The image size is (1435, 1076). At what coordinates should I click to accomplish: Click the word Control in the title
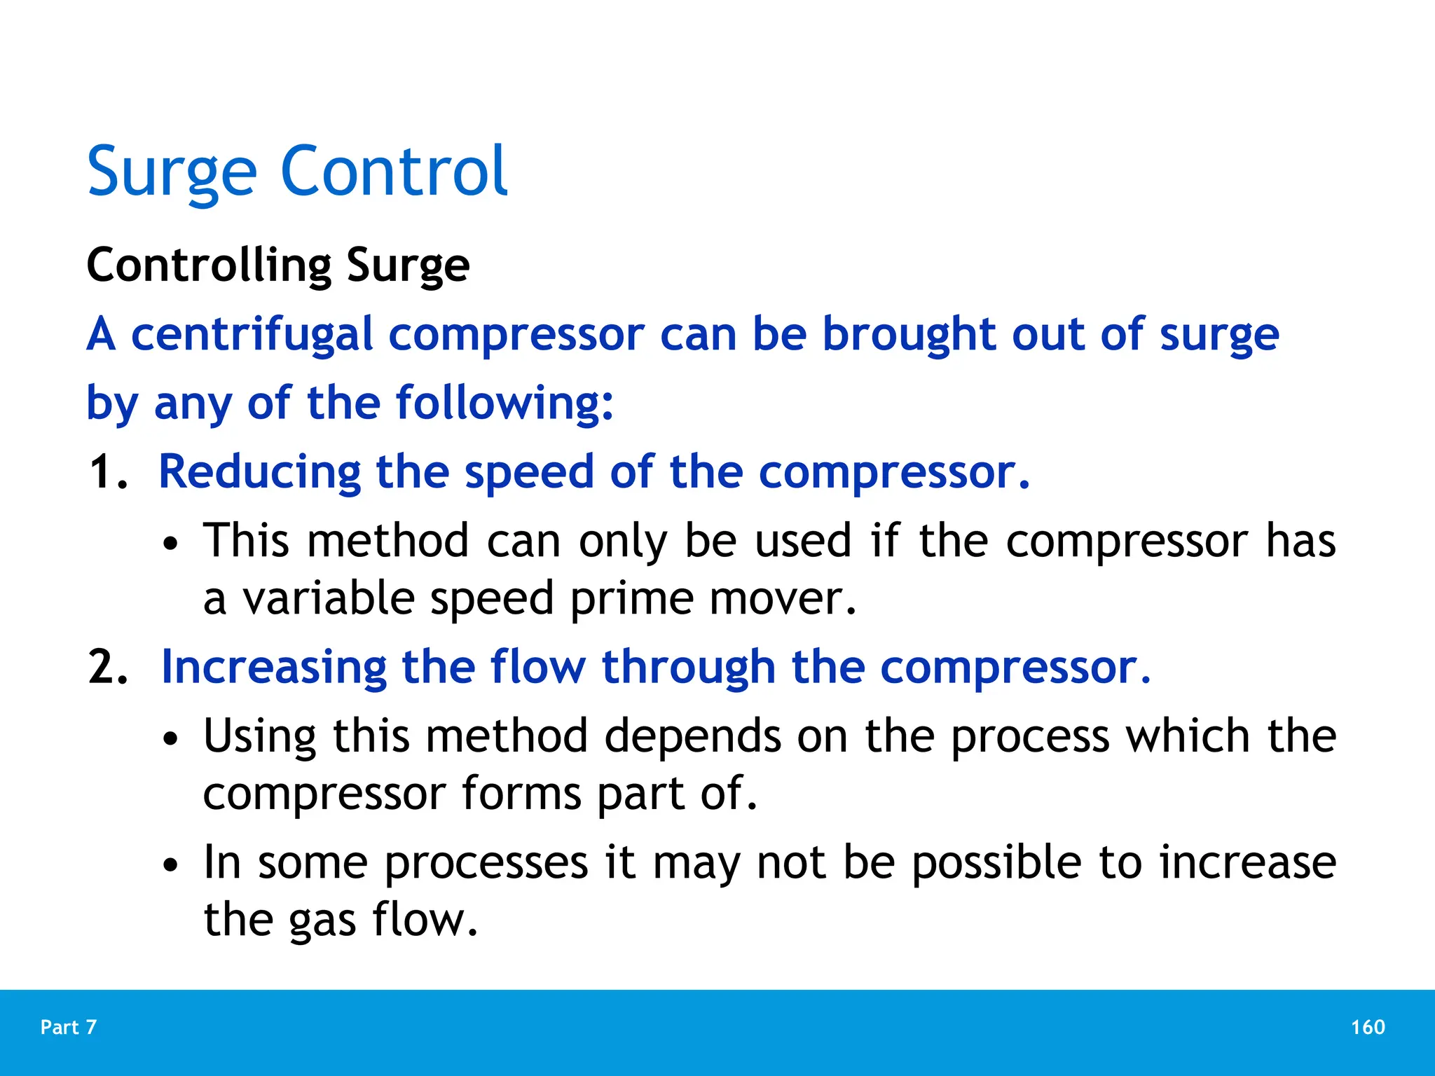[394, 171]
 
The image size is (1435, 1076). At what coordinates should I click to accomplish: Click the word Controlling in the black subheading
[209, 266]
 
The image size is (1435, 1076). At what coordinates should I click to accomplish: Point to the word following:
[504, 403]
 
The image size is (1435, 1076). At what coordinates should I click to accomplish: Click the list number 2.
[107, 667]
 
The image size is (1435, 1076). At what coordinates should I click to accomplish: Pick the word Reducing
[259, 472]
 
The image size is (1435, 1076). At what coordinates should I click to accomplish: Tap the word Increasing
[273, 667]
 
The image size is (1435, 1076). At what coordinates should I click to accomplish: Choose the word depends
[692, 738]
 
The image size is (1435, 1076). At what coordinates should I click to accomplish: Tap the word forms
[521, 794]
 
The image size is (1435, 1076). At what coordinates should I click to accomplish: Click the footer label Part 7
[69, 1027]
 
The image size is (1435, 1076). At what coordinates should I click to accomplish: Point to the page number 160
[1368, 1027]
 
